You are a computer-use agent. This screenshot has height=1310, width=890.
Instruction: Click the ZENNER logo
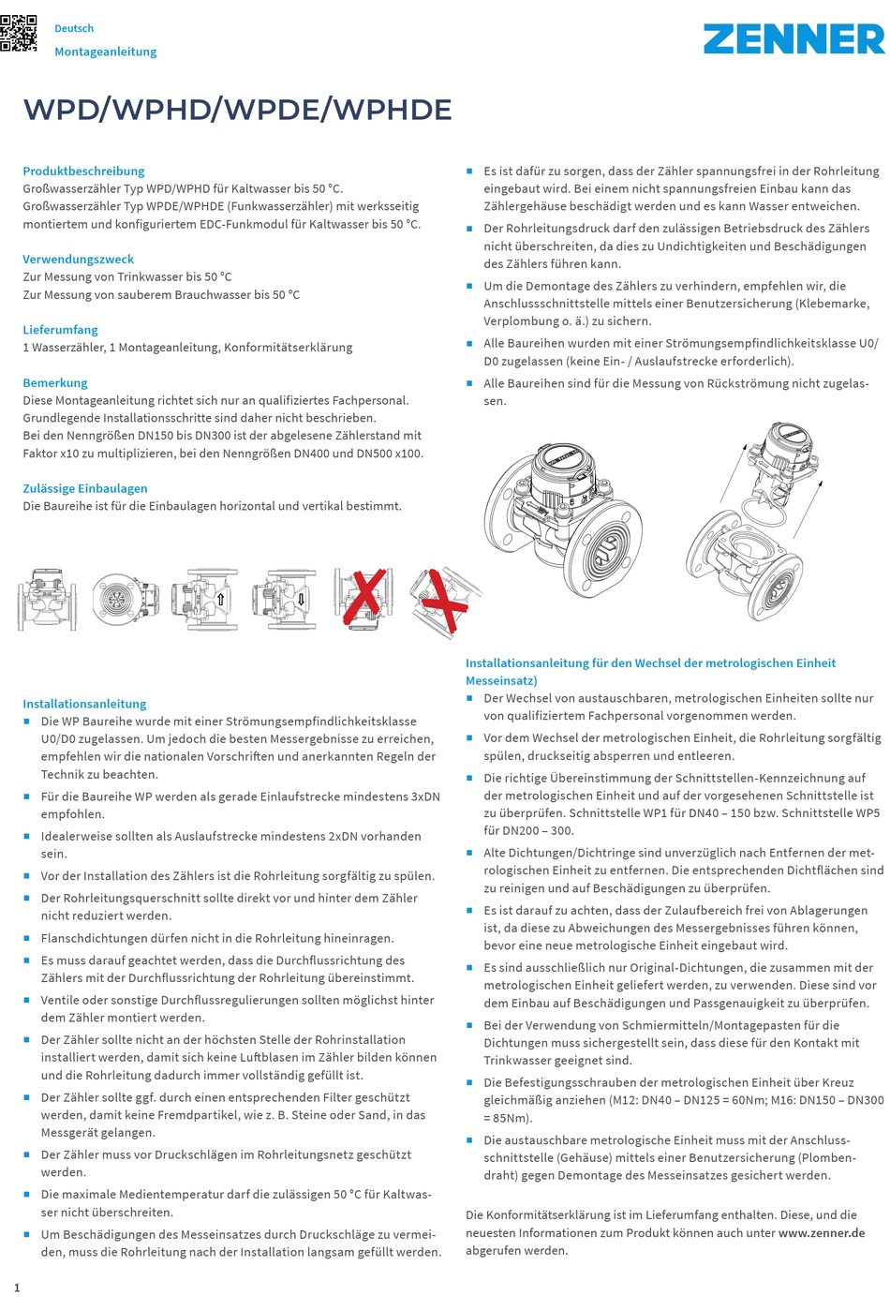pos(794,38)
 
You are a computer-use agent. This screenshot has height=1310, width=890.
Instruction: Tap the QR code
pos(18,34)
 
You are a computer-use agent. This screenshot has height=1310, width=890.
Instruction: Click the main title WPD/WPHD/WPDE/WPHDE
pos(237,110)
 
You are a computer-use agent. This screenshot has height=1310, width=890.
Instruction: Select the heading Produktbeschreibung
pos(83,171)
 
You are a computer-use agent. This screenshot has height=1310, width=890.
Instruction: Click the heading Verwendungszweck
pos(79,259)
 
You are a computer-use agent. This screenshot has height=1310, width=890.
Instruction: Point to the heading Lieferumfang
pos(60,330)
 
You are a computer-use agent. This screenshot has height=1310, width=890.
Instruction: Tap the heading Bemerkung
pos(55,382)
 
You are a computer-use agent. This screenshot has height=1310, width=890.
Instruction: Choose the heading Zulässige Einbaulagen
pos(85,488)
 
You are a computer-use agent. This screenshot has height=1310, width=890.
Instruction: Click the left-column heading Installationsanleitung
pos(84,704)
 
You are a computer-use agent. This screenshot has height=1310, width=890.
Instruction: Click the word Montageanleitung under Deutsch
pos(105,52)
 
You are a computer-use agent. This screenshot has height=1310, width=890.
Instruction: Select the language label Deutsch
pos(74,28)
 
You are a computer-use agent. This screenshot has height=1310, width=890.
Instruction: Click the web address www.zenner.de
pos(821,1232)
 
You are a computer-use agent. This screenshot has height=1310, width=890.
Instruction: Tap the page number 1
pos(17,1288)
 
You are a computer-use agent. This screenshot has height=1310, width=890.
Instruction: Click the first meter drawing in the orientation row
pos(47,599)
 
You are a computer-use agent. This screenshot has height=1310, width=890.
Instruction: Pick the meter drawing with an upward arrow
pos(204,599)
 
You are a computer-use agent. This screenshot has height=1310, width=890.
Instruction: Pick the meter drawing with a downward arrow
pos(284,599)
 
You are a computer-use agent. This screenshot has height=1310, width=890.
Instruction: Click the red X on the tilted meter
pos(446,602)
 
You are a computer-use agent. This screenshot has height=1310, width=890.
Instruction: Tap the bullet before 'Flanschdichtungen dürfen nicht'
pos(27,937)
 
